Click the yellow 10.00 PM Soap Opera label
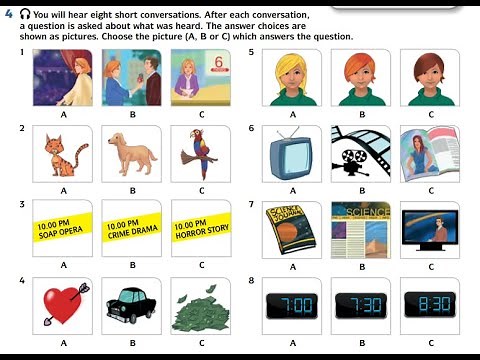63,229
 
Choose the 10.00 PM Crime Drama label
132,229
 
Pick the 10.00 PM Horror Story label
201,229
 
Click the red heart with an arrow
63,305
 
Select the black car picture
132,305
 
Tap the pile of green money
201,305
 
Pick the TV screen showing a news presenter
428,229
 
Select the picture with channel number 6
201,78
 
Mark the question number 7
252,203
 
